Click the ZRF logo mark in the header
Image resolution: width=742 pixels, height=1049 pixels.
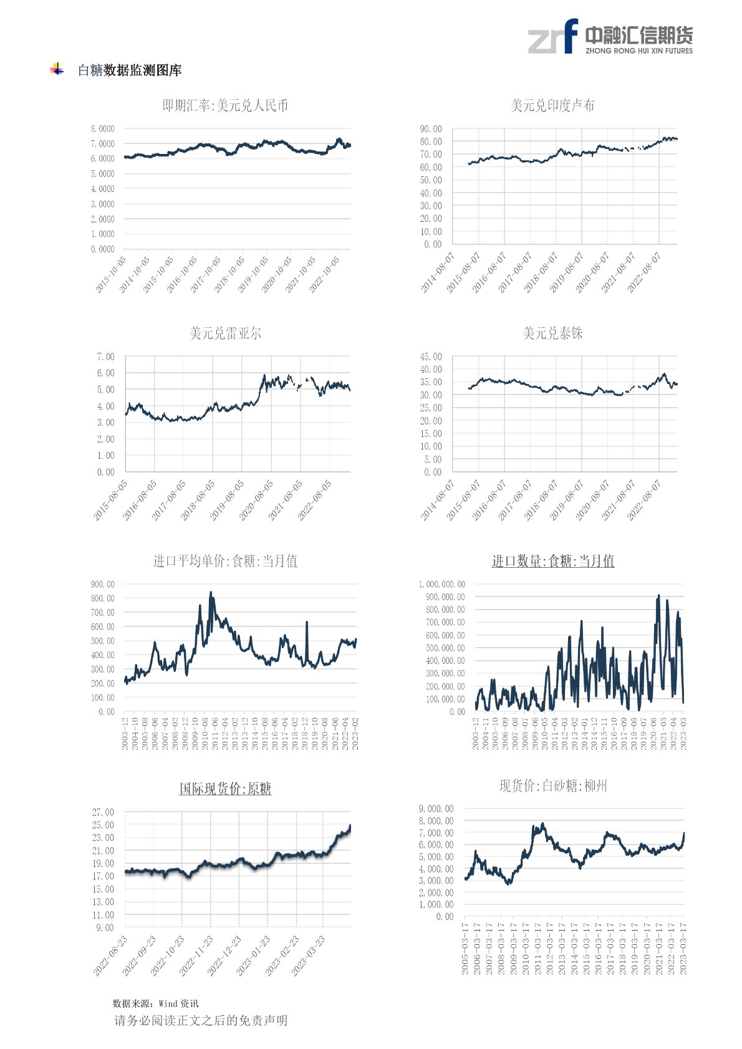(553, 37)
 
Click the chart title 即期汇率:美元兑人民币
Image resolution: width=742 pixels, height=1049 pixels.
(225, 106)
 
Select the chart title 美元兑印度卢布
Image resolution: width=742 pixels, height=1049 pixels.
(552, 106)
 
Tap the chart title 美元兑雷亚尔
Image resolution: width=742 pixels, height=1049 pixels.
(225, 333)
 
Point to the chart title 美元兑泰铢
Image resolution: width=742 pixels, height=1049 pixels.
(552, 333)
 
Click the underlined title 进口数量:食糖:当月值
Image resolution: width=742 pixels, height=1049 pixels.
(552, 561)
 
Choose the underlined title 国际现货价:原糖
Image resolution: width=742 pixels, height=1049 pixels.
(225, 788)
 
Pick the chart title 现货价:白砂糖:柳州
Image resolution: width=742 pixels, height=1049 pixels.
(552, 786)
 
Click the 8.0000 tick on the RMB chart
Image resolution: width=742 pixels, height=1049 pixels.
(102, 129)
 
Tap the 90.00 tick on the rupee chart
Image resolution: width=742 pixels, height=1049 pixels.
(431, 129)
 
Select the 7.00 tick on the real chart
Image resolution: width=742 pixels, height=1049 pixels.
(105, 357)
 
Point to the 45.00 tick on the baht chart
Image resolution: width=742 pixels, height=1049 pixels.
(431, 357)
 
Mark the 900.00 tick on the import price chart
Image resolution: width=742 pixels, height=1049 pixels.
(102, 584)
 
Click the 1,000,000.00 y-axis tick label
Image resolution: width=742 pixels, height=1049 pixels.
(441, 584)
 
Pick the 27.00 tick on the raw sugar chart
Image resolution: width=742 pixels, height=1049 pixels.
(103, 812)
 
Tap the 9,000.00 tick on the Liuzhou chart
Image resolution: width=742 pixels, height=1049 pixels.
(436, 809)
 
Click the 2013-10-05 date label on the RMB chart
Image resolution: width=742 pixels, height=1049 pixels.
(110, 275)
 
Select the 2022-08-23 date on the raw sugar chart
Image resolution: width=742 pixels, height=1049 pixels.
(110, 956)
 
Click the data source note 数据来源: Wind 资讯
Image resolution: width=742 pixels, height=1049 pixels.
(155, 1003)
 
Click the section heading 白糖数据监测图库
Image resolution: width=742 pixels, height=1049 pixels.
(130, 70)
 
